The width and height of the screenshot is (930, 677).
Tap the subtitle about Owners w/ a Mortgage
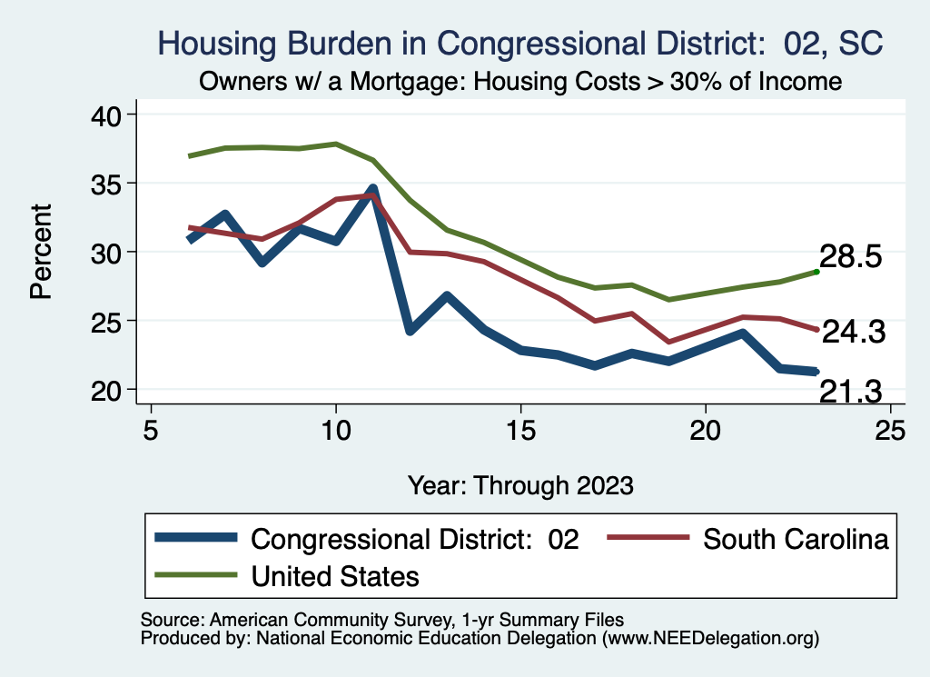click(x=520, y=81)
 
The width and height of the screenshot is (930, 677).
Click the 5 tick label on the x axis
click(x=151, y=429)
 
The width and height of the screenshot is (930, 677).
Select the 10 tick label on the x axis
click(x=336, y=429)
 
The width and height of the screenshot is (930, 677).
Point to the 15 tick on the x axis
click(x=521, y=429)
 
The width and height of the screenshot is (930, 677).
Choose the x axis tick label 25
click(x=891, y=429)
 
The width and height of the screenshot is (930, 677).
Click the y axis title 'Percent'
click(x=40, y=252)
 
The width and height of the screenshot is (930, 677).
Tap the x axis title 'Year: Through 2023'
click(x=520, y=484)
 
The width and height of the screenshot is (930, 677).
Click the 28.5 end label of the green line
click(x=851, y=257)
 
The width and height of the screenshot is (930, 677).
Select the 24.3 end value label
click(x=854, y=333)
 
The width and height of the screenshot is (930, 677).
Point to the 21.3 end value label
click(x=851, y=392)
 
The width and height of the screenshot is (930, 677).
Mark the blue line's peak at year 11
click(x=372, y=190)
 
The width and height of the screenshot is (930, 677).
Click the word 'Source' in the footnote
click(x=171, y=620)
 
